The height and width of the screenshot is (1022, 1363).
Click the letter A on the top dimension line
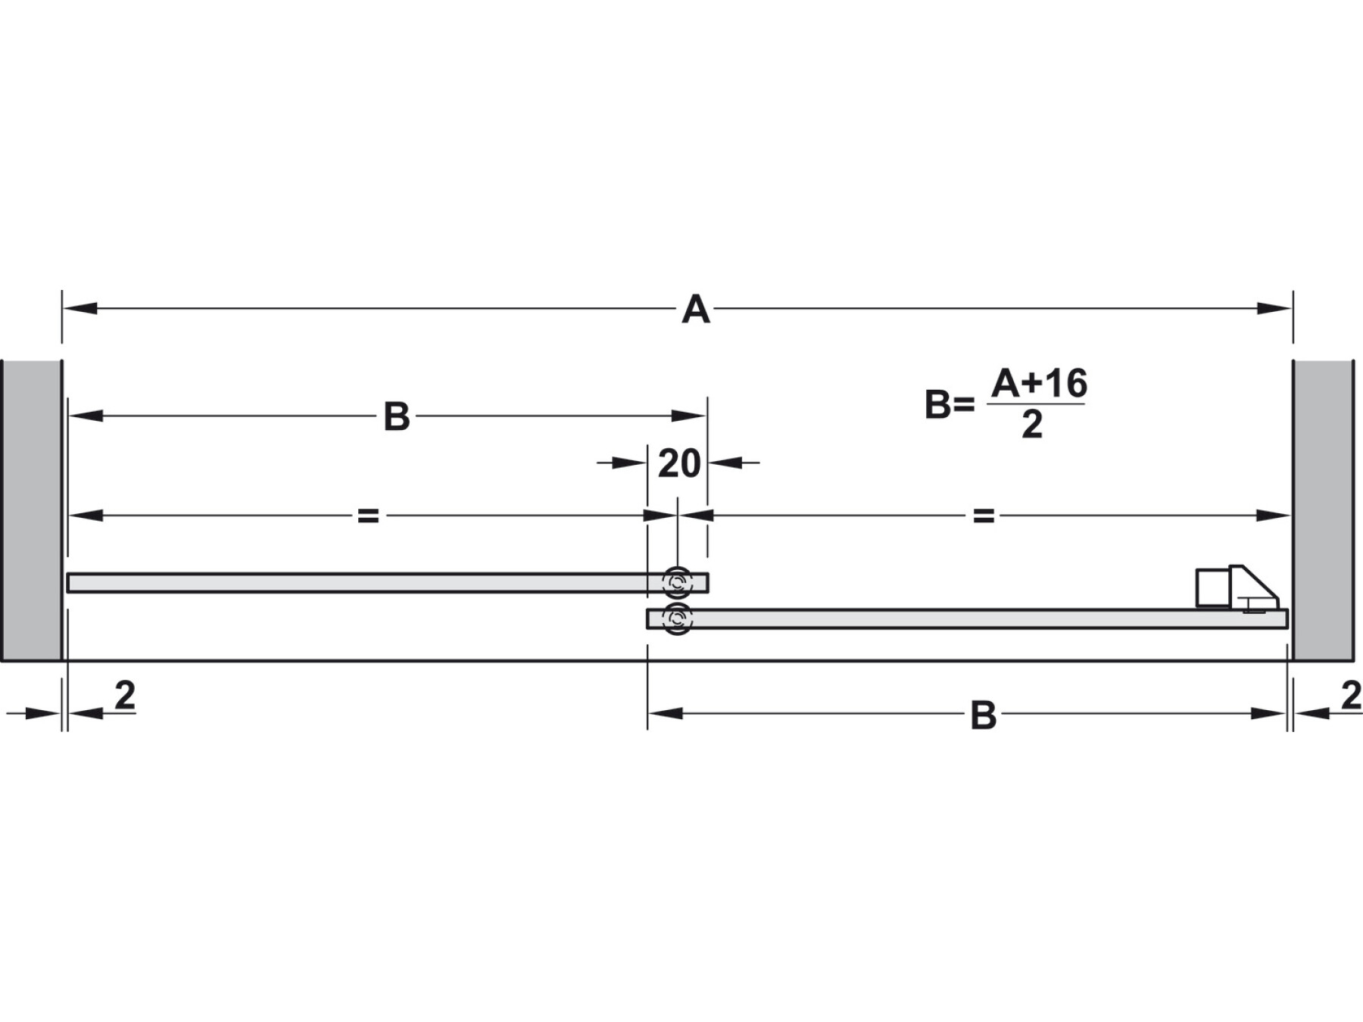click(696, 310)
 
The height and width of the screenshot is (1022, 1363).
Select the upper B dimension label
click(397, 416)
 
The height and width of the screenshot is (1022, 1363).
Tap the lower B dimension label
click(983, 715)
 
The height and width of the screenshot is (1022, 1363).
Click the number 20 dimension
click(679, 463)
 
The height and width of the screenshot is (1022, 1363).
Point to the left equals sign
click(368, 516)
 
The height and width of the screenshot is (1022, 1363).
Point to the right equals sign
click(983, 516)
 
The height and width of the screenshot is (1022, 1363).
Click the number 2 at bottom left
click(125, 695)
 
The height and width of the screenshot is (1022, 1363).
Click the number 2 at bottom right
click(1351, 696)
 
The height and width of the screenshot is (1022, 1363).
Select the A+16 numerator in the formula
click(1040, 383)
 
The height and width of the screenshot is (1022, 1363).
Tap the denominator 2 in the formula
click(1032, 425)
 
